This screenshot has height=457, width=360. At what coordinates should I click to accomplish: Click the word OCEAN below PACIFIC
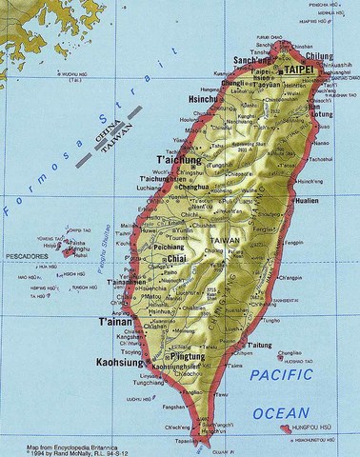[283, 413]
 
